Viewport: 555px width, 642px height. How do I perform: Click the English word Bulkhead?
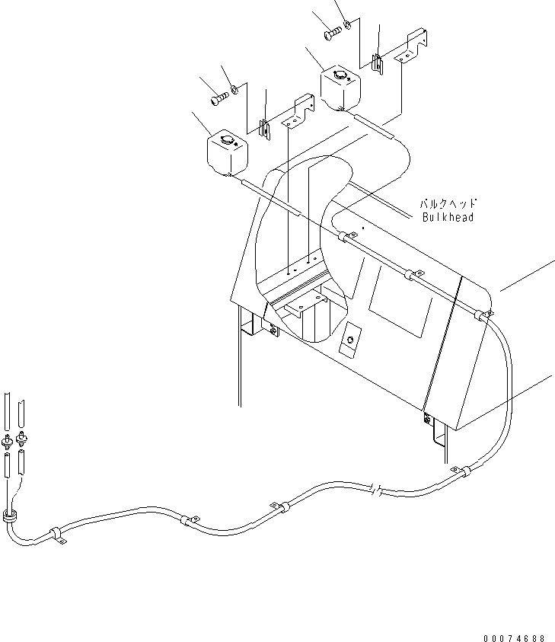(x=448, y=217)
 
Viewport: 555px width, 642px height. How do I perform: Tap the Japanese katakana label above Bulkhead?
(x=448, y=204)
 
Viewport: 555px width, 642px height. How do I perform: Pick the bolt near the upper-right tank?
(x=332, y=34)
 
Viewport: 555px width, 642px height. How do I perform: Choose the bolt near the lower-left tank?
(x=218, y=97)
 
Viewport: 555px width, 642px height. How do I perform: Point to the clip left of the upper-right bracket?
(x=377, y=62)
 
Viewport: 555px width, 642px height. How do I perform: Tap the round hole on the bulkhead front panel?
(x=351, y=340)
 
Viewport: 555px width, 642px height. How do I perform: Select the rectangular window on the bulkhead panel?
(x=400, y=305)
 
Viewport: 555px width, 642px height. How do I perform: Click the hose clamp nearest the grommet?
(x=56, y=533)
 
